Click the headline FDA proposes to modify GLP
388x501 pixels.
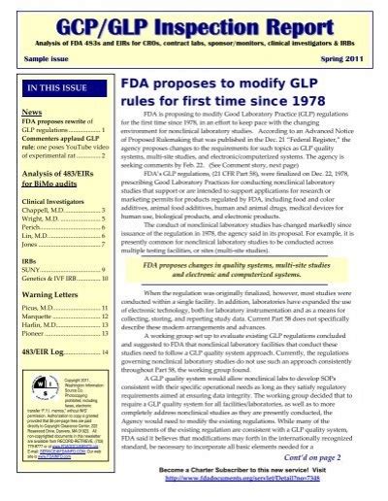click(243, 92)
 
